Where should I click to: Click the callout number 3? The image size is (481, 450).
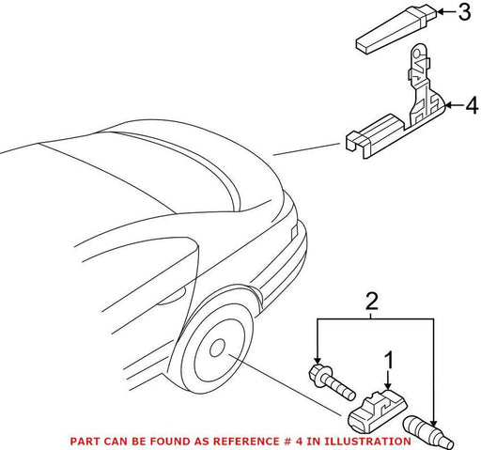pyautogui.click(x=464, y=12)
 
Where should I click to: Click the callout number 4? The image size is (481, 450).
pyautogui.click(x=472, y=105)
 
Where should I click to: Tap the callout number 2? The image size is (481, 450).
pyautogui.click(x=372, y=302)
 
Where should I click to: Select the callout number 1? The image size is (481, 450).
pyautogui.click(x=389, y=360)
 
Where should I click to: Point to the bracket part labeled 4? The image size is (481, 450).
pyautogui.click(x=396, y=110)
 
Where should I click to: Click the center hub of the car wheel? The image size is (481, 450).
pyautogui.click(x=217, y=348)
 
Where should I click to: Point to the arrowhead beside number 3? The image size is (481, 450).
pyautogui.click(x=440, y=12)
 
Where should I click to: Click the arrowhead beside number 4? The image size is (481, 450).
pyautogui.click(x=448, y=105)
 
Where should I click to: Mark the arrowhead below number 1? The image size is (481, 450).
pyautogui.click(x=388, y=387)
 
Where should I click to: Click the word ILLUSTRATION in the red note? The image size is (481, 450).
pyautogui.click(x=367, y=442)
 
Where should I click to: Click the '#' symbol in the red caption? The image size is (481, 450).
pyautogui.click(x=285, y=442)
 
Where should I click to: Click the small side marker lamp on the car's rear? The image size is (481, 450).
pyautogui.click(x=294, y=232)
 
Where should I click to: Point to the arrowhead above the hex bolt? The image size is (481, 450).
pyautogui.click(x=318, y=361)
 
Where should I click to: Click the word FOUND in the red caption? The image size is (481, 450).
pyautogui.click(x=168, y=442)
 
